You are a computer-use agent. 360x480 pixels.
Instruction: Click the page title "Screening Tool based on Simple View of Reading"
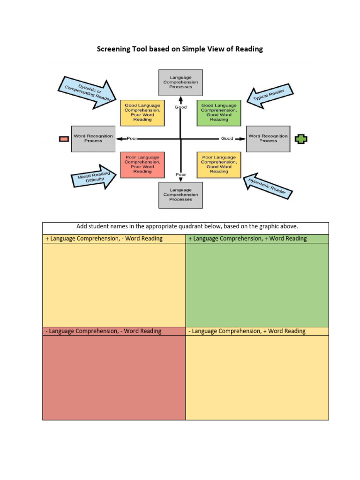pyautogui.click(x=180, y=49)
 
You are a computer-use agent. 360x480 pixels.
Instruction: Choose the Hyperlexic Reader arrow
pyautogui.click(x=268, y=186)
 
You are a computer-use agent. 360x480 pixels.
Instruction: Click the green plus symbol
pyautogui.click(x=301, y=139)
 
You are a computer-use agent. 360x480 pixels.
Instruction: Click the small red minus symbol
pyautogui.click(x=63, y=138)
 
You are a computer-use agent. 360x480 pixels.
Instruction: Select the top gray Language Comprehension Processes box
pyautogui.click(x=180, y=82)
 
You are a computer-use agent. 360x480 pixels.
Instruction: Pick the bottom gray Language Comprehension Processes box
pyautogui.click(x=180, y=195)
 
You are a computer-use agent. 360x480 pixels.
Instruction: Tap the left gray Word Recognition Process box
pyautogui.click(x=93, y=139)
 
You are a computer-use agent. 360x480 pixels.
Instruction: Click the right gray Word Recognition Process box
pyautogui.click(x=268, y=139)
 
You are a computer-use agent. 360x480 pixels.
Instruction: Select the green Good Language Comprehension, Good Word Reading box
pyautogui.click(x=219, y=113)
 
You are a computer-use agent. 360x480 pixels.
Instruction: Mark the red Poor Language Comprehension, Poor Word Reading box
pyautogui.click(x=142, y=165)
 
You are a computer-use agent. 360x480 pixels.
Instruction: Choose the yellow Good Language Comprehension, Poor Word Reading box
pyautogui.click(x=142, y=113)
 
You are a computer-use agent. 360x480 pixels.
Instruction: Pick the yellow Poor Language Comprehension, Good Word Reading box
pyautogui.click(x=219, y=165)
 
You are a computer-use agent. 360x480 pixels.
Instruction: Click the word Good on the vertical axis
pyautogui.click(x=180, y=107)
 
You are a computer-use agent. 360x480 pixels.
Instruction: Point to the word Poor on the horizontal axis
pyautogui.click(x=132, y=139)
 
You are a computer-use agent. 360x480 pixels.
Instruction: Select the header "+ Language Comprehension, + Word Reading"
pyautogui.click(x=247, y=239)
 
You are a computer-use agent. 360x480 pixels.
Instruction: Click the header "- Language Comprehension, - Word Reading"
pyautogui.click(x=104, y=331)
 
